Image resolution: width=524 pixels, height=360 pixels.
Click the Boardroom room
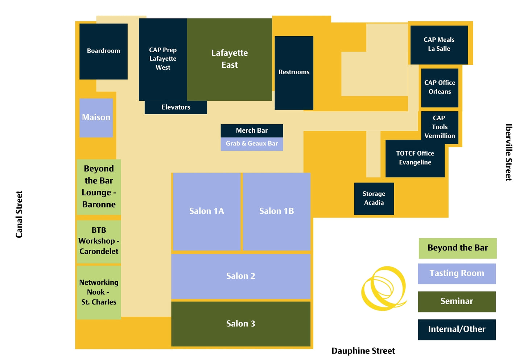pos(103,51)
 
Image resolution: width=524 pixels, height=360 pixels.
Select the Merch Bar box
pos(252,131)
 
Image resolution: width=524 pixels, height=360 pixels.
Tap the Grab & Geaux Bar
pos(252,144)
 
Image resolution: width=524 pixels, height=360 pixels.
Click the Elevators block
pos(176,107)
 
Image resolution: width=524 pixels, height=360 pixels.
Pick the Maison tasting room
pos(96,117)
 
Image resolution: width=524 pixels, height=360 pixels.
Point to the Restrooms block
pos(294,73)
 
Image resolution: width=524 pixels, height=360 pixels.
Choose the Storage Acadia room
pos(374,198)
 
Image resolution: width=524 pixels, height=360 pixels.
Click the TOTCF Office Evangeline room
pos(415,158)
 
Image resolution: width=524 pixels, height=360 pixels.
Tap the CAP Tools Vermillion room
pos(440,127)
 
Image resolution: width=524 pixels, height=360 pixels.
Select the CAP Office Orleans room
pos(440,87)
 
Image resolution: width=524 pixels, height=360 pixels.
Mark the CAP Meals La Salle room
pos(439,44)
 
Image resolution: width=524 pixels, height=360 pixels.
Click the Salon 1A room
pos(207,211)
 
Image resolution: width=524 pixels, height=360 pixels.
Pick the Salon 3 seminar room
pos(241,324)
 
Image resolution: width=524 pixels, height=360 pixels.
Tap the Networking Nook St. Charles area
pos(99,292)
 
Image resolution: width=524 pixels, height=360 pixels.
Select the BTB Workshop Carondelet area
pos(99,241)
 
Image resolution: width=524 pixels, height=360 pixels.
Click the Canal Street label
pos(19,214)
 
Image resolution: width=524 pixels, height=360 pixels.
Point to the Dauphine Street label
pos(363,351)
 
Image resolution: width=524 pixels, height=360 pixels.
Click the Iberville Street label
pos(508,152)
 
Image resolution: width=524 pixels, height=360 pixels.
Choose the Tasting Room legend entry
pos(457,274)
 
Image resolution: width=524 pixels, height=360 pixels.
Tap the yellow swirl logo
pos(384,289)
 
